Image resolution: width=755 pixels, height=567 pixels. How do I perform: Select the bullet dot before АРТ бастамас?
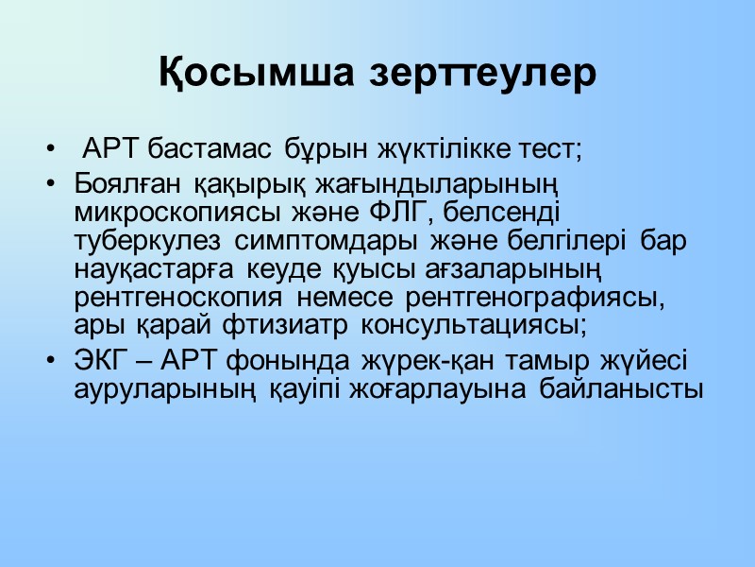pos(48,149)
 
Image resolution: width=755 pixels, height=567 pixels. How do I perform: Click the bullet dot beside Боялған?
pos(48,182)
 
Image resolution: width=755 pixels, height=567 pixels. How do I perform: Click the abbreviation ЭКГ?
pos(96,361)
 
